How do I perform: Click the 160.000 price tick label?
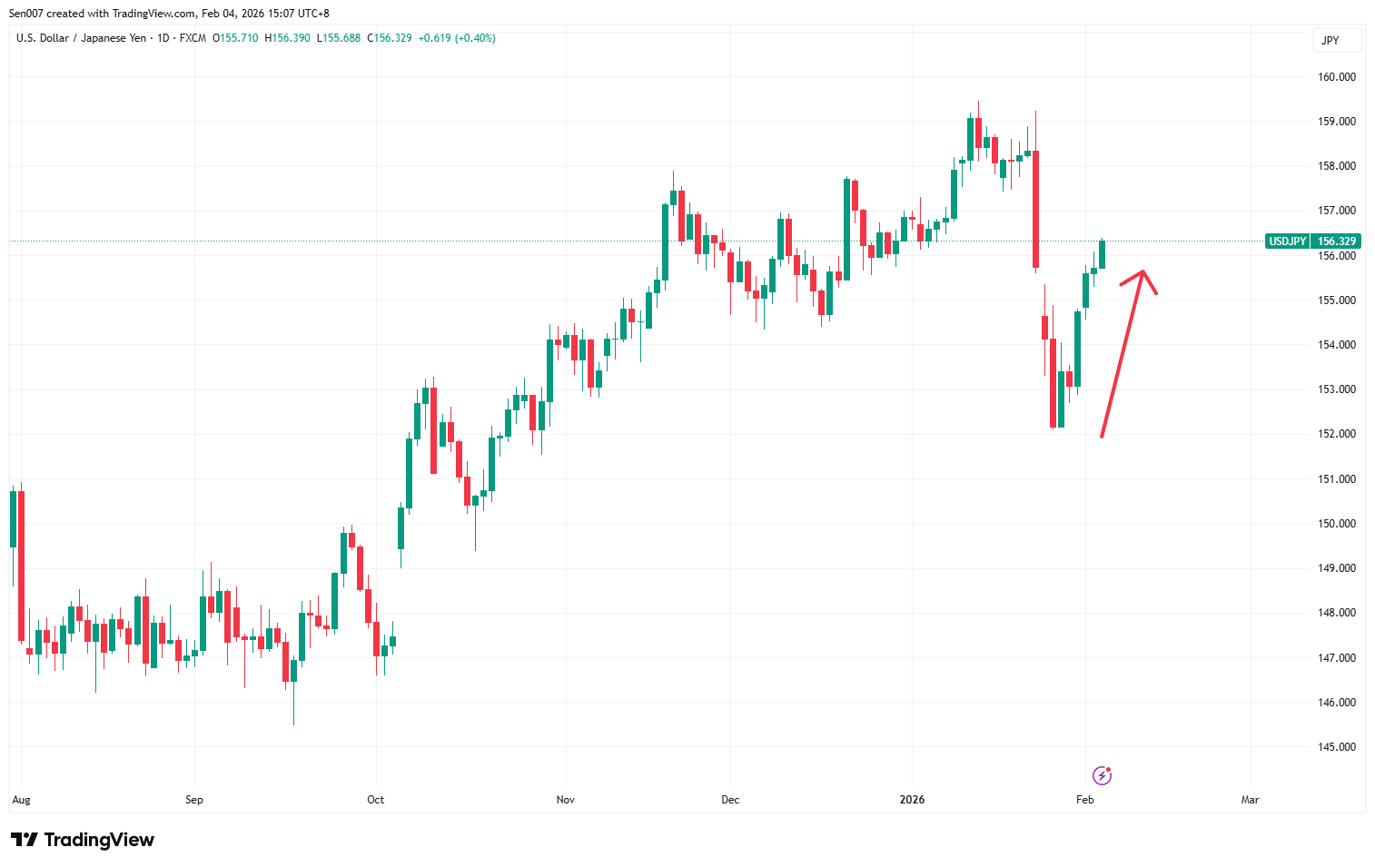1336,77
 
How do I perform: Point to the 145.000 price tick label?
1336,747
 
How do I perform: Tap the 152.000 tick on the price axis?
1336,434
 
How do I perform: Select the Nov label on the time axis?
565,800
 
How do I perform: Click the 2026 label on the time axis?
912,800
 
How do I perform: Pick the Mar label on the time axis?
1250,800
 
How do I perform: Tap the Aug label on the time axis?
21,800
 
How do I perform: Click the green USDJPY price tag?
1287,241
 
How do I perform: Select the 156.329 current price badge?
1336,241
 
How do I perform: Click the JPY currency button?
1330,41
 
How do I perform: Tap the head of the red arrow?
1143,272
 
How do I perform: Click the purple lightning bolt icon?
1102,775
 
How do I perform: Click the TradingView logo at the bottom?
83,840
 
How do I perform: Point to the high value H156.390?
287,38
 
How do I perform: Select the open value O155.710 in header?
235,38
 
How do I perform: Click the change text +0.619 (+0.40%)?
457,38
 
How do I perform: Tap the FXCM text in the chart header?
193,38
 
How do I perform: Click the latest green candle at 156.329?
1102,255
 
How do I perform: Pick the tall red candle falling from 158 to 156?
1035,209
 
